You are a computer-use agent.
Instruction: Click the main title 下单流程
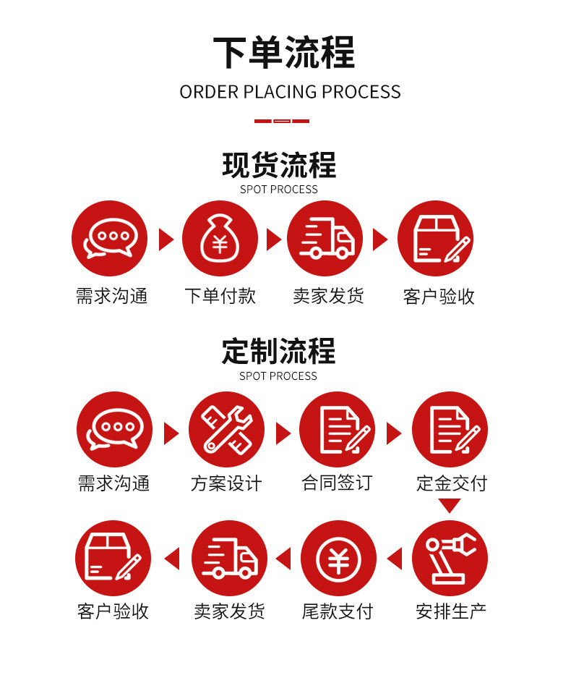pyautogui.click(x=284, y=52)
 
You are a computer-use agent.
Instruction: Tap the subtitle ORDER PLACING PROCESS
pyautogui.click(x=290, y=92)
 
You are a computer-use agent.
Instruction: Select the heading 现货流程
pyautogui.click(x=279, y=165)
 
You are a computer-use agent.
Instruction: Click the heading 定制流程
pyautogui.click(x=279, y=352)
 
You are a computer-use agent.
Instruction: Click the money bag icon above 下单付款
pyautogui.click(x=220, y=239)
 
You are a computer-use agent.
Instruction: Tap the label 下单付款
pyautogui.click(x=220, y=296)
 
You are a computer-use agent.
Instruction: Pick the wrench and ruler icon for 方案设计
pyautogui.click(x=226, y=429)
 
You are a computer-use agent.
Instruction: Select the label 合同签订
pyautogui.click(x=337, y=483)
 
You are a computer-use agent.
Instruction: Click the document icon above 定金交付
pyautogui.click(x=450, y=429)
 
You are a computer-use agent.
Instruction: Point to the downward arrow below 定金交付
pyautogui.click(x=450, y=506)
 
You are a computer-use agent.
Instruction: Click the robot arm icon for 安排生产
pyautogui.click(x=450, y=558)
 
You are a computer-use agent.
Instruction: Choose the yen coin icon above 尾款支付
pyautogui.click(x=338, y=558)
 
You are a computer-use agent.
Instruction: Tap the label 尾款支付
pyautogui.click(x=338, y=611)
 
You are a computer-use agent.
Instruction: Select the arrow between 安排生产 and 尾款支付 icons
pyautogui.click(x=394, y=559)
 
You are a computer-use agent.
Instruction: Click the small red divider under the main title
pyautogui.click(x=282, y=121)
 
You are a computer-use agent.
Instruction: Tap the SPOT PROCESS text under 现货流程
pyautogui.click(x=279, y=190)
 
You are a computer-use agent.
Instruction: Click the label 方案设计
pyautogui.click(x=226, y=483)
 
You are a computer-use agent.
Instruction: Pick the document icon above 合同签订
pyautogui.click(x=338, y=429)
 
